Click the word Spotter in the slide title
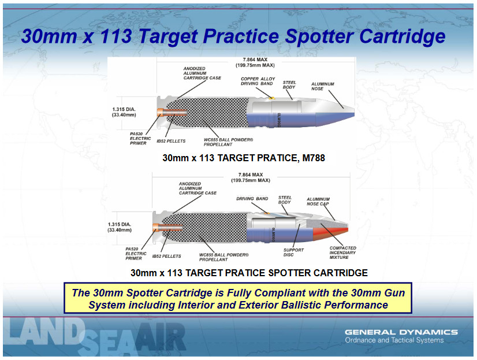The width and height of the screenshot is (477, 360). tap(319, 36)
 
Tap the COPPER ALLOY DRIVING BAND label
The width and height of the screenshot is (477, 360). tap(258, 81)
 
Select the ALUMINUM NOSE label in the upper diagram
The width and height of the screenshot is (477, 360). tap(322, 87)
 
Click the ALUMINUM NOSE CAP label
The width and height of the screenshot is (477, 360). tap(318, 202)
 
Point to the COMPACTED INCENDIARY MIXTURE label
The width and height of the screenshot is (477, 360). tap(343, 253)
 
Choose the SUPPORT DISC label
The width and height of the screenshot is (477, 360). tap(293, 253)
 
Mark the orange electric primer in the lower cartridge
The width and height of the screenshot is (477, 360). tap(167, 227)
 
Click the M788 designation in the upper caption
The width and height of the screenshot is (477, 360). tap(314, 158)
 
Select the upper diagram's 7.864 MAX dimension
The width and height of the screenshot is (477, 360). tap(255, 62)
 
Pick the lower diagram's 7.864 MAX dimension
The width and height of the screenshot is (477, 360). tap(251, 177)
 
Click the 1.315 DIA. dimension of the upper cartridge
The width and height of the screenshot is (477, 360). tap(124, 112)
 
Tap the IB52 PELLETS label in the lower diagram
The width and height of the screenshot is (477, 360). tap(167, 256)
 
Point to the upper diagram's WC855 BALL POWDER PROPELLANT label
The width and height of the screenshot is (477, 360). tap(228, 142)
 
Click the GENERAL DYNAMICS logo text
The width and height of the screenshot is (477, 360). tap(401, 332)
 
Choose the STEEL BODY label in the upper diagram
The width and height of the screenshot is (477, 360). tap(289, 84)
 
